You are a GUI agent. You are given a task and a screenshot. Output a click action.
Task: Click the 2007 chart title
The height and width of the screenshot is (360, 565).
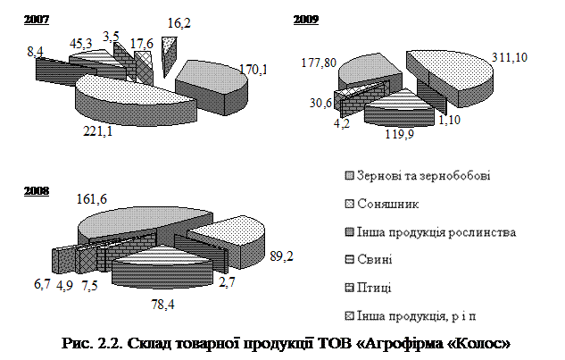(37, 20)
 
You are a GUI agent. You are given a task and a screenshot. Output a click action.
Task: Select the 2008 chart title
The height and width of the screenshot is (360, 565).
(37, 191)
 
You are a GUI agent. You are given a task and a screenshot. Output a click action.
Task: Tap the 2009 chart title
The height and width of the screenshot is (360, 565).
(306, 20)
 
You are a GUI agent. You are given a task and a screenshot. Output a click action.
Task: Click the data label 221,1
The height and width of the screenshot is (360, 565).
(98, 131)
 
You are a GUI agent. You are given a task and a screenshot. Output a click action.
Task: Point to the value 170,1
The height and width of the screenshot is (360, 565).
(253, 69)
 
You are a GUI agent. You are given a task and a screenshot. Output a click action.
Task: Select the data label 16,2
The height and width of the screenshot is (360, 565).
(179, 23)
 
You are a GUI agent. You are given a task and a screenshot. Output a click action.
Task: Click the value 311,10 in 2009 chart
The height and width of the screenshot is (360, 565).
(510, 57)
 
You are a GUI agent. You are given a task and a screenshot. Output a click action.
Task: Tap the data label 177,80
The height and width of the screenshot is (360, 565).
(319, 63)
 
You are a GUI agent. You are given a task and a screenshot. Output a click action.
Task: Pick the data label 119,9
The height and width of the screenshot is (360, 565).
(400, 134)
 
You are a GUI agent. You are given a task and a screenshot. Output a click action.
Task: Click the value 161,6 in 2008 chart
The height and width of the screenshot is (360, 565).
(92, 199)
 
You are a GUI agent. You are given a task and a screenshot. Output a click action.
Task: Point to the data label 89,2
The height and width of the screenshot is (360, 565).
(281, 256)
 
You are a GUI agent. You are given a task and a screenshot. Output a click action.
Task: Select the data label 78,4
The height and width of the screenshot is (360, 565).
(162, 305)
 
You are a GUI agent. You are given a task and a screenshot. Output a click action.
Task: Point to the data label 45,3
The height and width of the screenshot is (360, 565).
(80, 44)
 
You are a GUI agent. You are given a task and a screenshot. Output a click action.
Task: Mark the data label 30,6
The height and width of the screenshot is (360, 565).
(320, 103)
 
